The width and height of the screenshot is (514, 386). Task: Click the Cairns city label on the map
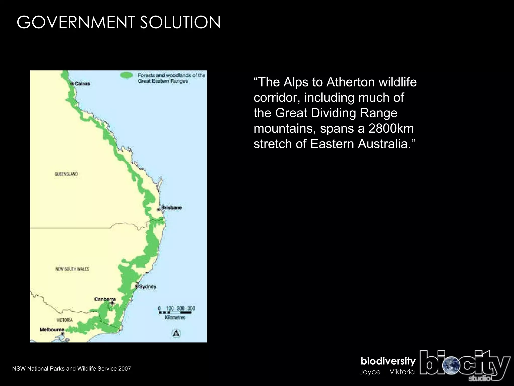(82, 83)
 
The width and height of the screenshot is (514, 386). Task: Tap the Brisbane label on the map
(171, 208)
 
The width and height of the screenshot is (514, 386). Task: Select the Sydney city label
(148, 286)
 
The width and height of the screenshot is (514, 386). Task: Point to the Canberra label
(105, 299)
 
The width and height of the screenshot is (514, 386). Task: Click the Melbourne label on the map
(52, 329)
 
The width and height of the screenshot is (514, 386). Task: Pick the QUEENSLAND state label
(66, 174)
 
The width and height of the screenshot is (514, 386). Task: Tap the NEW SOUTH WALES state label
(72, 269)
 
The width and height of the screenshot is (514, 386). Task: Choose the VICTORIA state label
(65, 320)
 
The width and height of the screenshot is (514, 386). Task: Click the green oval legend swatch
(126, 75)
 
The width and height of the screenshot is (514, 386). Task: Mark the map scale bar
(175, 313)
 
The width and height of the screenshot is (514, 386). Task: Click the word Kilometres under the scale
(175, 318)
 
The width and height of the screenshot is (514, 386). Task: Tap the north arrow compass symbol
(176, 333)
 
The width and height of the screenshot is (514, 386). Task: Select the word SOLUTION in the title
(180, 22)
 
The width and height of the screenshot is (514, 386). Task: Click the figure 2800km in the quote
(391, 128)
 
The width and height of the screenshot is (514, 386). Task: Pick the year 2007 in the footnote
(125, 369)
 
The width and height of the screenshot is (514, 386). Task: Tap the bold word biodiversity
(388, 361)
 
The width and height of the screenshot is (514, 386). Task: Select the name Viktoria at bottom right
(402, 372)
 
